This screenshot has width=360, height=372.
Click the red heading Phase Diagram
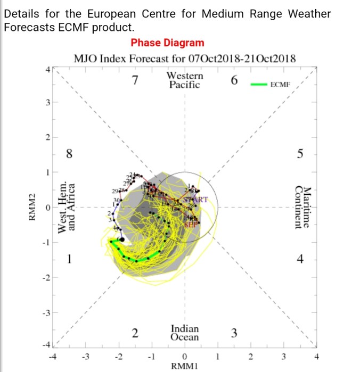pyautogui.click(x=167, y=43)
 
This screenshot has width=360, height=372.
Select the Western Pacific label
pyautogui.click(x=184, y=80)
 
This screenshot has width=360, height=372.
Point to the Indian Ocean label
pyautogui.click(x=184, y=333)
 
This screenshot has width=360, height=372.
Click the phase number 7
pyautogui.click(x=135, y=81)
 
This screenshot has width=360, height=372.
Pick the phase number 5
pyautogui.click(x=300, y=154)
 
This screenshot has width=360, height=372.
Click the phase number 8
pyautogui.click(x=69, y=155)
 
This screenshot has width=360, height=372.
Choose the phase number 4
pyautogui.click(x=300, y=260)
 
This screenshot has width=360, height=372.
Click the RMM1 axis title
pyautogui.click(x=184, y=366)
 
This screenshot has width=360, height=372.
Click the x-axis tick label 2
pyautogui.click(x=250, y=356)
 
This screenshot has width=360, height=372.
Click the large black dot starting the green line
pyautogui.click(x=123, y=240)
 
